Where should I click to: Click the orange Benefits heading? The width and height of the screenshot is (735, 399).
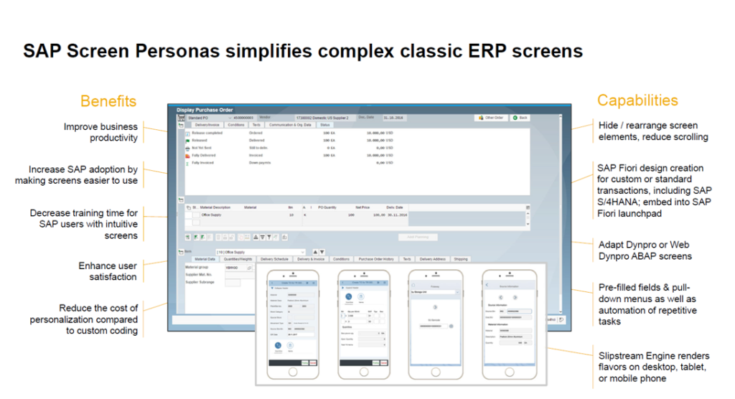[108, 100]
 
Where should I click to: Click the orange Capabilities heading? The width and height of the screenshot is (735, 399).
[637, 100]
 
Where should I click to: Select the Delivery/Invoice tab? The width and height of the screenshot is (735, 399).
[203, 125]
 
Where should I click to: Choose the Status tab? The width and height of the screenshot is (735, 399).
[325, 125]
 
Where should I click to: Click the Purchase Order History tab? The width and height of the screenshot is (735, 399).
[375, 259]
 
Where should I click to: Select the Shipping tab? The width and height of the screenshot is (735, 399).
[460, 259]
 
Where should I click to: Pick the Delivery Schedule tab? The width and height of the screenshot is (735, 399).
[275, 259]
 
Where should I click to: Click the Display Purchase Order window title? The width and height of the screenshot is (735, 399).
[205, 110]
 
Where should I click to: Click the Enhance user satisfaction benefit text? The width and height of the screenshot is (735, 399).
[108, 271]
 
